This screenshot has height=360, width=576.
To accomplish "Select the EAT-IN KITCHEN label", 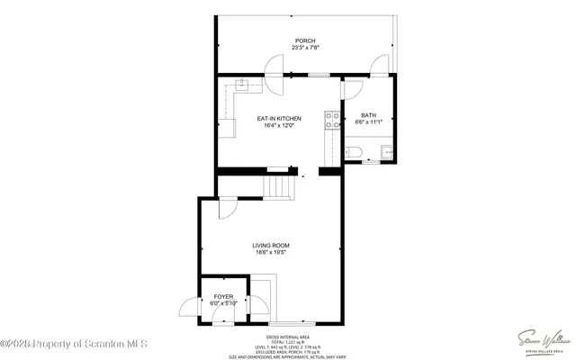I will click(279, 118).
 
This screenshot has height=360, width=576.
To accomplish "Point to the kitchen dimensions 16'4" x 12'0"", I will click(279, 126).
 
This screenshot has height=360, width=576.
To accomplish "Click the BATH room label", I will click(369, 115).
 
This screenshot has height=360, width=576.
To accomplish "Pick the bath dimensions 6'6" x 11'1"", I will click(369, 123).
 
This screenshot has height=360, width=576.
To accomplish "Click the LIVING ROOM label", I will click(270, 245).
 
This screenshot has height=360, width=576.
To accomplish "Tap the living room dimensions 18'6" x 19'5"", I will click(270, 253).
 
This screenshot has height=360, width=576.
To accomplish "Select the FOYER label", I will click(222, 295).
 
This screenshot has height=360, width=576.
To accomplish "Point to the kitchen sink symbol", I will click(242, 86).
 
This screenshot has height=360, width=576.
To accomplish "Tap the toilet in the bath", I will click(355, 152).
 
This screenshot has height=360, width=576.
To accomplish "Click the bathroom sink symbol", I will click(386, 152).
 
